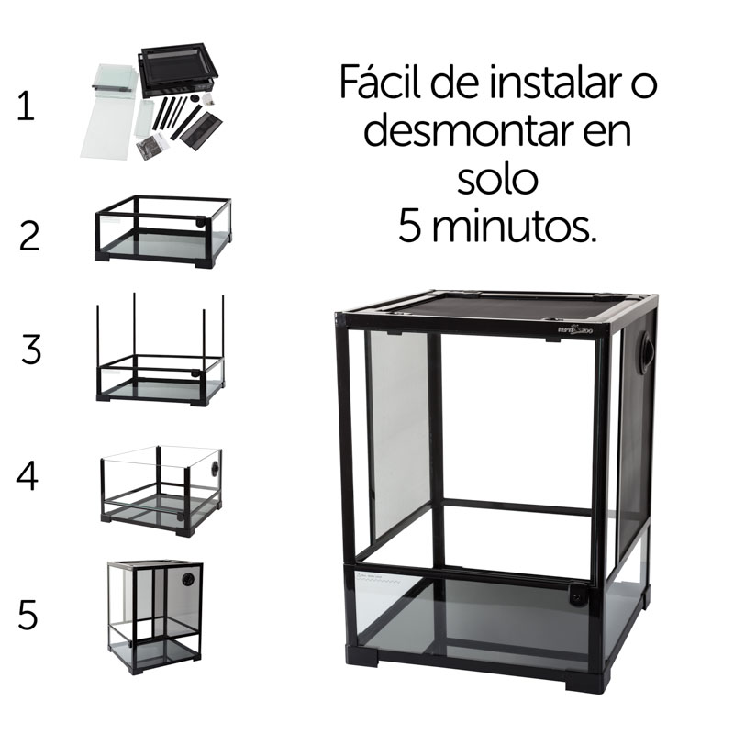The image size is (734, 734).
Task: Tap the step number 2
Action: (29, 236)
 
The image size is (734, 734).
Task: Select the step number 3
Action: (30, 350)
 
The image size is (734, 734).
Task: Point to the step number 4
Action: (28, 477)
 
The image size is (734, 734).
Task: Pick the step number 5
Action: (28, 615)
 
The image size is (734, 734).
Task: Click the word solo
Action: (497, 179)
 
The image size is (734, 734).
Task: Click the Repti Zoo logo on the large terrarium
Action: (580, 336)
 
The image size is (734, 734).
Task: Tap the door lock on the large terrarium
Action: (578, 597)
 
